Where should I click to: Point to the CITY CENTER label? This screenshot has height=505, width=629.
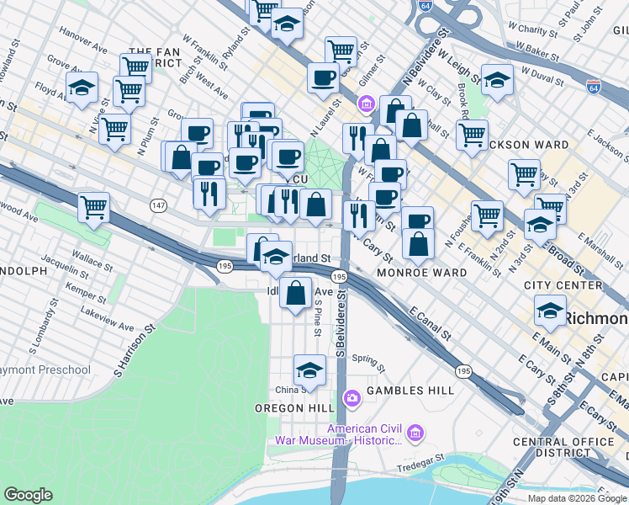(563, 285)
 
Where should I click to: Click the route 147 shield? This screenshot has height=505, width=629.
(157, 205)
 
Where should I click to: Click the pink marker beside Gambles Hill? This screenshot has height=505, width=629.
(351, 396)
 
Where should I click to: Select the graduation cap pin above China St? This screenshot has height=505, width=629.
(309, 370)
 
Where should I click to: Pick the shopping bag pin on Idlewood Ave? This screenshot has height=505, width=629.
(295, 294)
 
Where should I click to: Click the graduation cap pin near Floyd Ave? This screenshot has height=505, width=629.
(82, 88)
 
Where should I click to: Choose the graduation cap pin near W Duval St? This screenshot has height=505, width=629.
(497, 81)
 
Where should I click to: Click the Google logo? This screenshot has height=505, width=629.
(29, 495)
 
